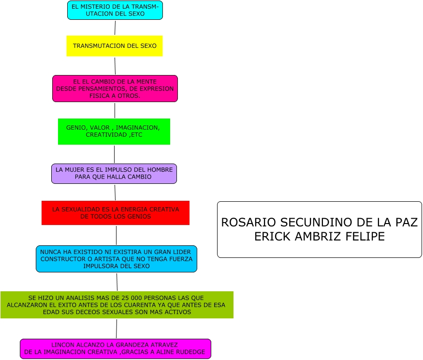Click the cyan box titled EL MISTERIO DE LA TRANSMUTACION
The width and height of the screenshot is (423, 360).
point(115,10)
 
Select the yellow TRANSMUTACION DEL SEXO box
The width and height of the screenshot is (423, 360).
point(115,46)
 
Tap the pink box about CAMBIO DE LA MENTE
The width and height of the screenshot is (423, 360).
point(115,89)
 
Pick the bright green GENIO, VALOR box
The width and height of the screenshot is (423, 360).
point(114,132)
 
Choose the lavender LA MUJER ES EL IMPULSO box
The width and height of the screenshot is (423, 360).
point(114,174)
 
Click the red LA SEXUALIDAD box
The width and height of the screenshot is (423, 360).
point(116,213)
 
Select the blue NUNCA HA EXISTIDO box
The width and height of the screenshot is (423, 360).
point(116,259)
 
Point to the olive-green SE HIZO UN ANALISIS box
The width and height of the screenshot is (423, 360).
point(117,305)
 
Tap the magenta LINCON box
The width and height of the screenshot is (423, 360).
point(116,349)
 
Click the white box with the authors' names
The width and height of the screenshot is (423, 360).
point(319,229)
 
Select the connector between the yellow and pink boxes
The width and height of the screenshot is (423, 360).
point(115,66)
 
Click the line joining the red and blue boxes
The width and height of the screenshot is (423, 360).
point(116,235)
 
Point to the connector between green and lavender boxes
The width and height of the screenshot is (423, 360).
point(114,154)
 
